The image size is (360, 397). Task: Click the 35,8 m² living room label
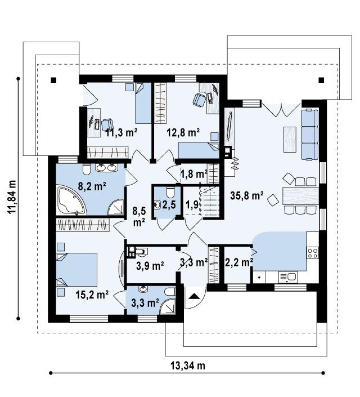247,195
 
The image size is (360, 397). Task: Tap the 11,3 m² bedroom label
121,132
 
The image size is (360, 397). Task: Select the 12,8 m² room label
183,132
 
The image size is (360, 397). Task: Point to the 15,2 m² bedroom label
92,295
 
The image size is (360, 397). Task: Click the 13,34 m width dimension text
188,365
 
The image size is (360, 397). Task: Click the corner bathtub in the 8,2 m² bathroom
71,200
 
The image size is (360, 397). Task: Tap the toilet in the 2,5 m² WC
170,191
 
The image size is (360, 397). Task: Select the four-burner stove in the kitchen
313,253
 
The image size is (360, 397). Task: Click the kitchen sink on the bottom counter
288,277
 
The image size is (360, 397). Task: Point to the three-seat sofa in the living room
309,135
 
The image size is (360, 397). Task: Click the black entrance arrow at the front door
194,296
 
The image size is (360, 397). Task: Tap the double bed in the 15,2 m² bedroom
76,269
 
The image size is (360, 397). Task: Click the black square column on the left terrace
53,81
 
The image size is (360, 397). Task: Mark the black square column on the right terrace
321,81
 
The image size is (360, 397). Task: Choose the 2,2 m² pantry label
239,262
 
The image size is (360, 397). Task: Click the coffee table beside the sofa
290,139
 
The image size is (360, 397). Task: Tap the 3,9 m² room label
150,266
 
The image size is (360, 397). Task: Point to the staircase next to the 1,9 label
210,201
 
